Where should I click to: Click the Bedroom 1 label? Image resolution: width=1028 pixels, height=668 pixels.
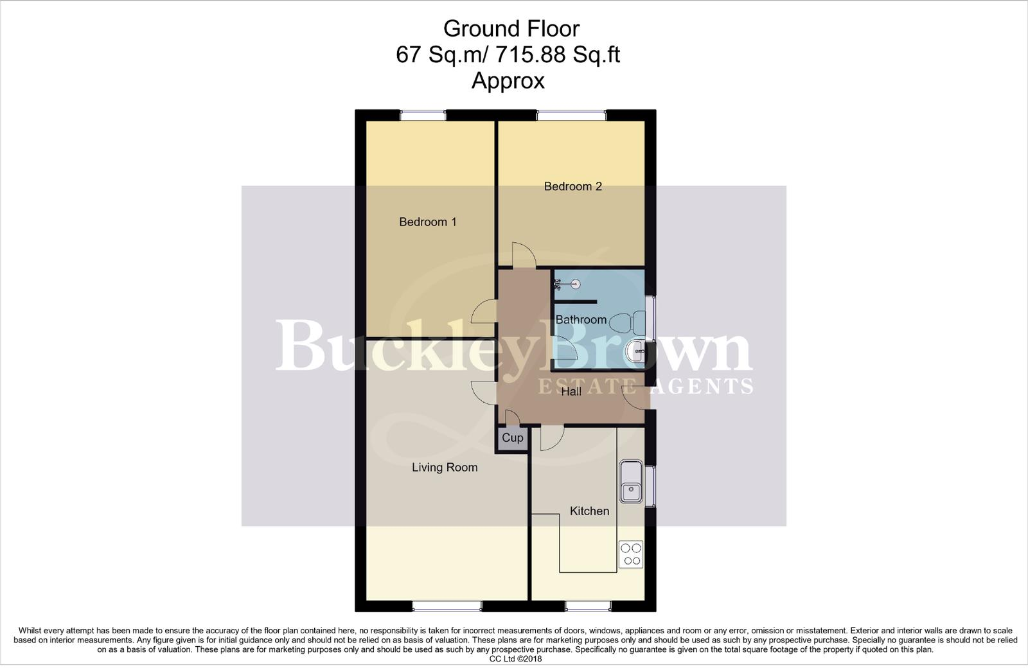[x=427, y=222]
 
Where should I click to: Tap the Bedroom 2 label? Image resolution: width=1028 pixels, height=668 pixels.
[x=572, y=187]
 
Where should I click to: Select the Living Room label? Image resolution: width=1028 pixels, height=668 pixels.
[x=445, y=468]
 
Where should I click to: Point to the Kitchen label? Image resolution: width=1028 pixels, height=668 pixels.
[x=589, y=511]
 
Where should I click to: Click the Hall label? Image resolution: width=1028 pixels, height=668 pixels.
[x=571, y=391]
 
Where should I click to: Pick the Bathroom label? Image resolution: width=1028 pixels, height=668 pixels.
[x=581, y=320]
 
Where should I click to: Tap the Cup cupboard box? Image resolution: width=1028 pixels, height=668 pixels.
[x=512, y=438]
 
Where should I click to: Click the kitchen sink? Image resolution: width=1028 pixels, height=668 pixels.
[x=631, y=482]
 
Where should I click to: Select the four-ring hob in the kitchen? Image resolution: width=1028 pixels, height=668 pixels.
[x=630, y=554]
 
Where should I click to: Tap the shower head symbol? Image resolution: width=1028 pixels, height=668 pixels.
[x=567, y=284]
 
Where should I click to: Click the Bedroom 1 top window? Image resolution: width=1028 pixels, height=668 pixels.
[x=423, y=116]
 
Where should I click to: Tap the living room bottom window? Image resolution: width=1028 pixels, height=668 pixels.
[x=447, y=606]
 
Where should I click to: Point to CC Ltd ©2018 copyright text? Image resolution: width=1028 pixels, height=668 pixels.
[x=515, y=659]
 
